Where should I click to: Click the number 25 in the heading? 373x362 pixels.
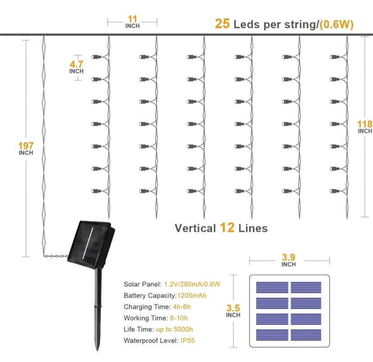[222, 24]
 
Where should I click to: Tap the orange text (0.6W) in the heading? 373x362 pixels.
[336, 24]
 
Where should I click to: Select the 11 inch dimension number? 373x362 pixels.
[132, 19]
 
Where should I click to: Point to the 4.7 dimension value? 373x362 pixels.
[77, 64]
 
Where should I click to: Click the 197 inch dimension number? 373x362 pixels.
[26, 146]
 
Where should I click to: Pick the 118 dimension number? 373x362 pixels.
[364, 124]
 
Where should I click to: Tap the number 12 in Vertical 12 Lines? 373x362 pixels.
[227, 228]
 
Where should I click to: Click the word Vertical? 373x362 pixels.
[195, 228]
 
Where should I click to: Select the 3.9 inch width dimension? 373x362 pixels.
[288, 258]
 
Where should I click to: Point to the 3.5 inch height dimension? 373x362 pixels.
[233, 308]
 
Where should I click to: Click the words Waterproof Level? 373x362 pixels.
[150, 341]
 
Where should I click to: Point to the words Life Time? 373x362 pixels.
[137, 330]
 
